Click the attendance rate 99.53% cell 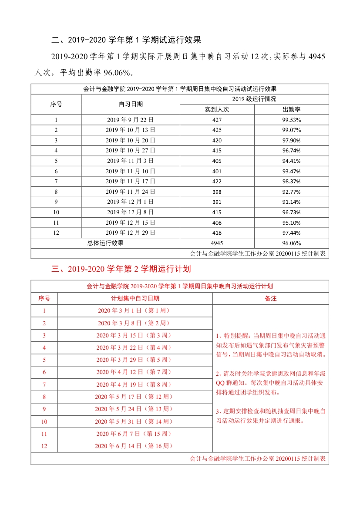pos(291,120)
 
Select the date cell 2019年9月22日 pos(131,120)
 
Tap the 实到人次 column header pos(217,109)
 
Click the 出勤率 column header pos(291,109)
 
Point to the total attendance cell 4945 pos(217,243)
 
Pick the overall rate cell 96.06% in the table pos(291,243)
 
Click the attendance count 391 pos(217,202)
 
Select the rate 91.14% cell pos(291,202)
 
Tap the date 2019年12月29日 pos(131,233)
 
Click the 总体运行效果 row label pos(105,243)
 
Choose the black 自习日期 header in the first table pos(131,104)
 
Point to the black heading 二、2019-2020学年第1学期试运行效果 pos(126,40)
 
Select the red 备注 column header pos(271,298)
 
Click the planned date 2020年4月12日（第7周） pos(135,372)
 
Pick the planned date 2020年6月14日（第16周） pos(135,446)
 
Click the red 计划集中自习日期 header pos(135,298)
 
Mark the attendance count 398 pos(217,191)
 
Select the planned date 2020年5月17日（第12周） pos(135,397)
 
